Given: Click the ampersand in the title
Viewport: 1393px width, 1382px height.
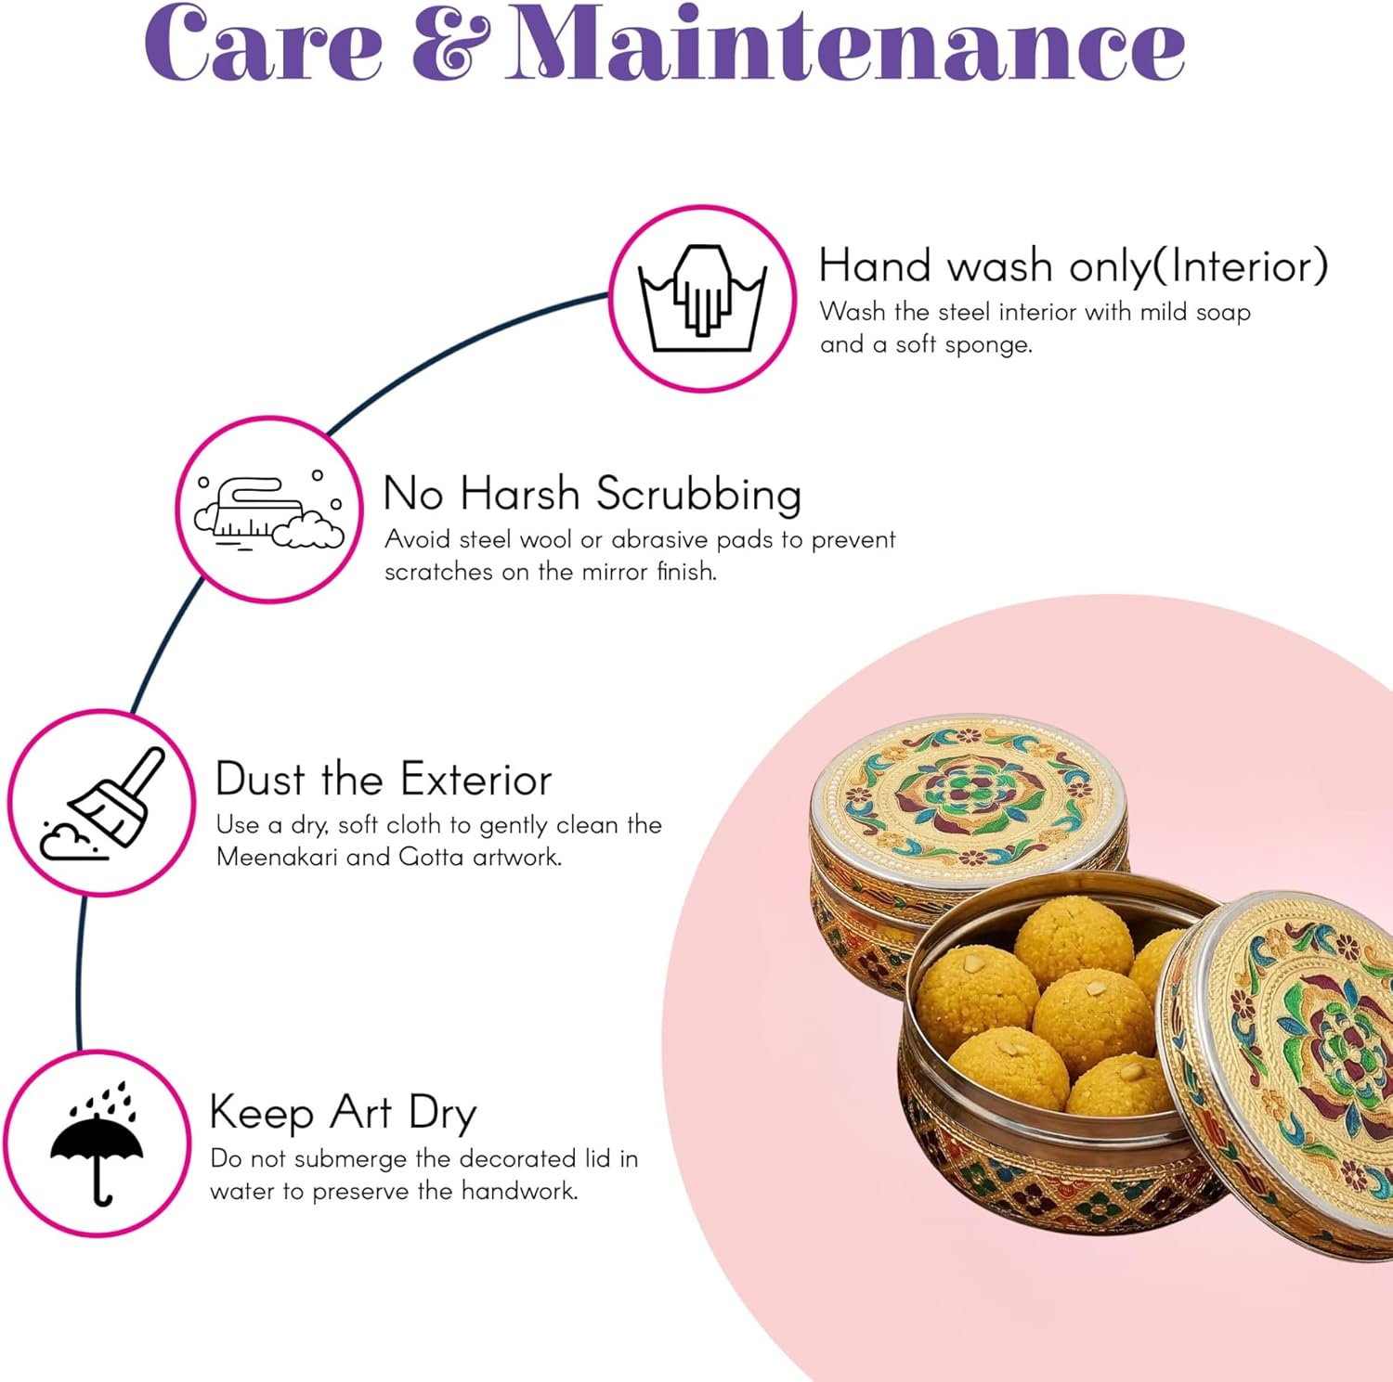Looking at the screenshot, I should click(450, 45).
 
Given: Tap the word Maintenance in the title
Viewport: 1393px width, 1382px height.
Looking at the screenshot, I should click(846, 45).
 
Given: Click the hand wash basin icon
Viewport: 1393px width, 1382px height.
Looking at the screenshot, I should click(702, 299).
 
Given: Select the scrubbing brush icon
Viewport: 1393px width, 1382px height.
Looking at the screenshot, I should click(269, 510).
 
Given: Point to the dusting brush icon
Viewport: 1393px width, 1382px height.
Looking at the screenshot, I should click(103, 804).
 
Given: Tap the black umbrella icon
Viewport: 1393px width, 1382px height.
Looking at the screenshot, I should click(98, 1143).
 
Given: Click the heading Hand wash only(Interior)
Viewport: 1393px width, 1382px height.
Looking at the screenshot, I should click(1073, 267).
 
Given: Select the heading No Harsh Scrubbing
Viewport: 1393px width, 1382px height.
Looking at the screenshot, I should click(592, 494).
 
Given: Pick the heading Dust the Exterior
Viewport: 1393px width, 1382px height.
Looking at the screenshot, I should click(383, 780).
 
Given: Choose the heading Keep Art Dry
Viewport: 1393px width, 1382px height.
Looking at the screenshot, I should click(343, 1113).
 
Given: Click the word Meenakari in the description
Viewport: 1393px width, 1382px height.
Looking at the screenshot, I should click(277, 857).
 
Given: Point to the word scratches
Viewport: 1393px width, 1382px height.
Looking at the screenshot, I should click(438, 572).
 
